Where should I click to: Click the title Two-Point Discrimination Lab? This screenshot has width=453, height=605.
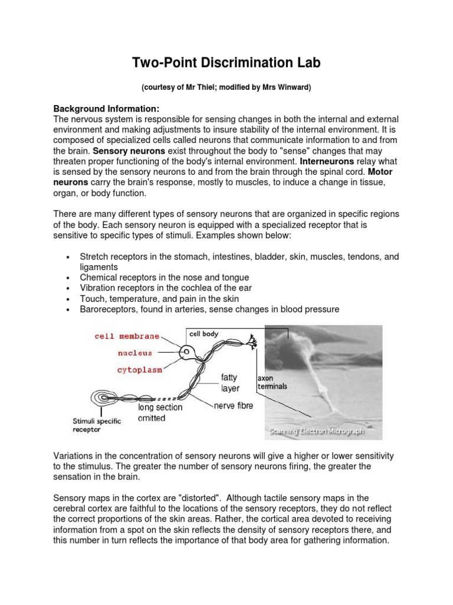click(x=226, y=64)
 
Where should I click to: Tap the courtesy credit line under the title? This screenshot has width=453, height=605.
click(x=226, y=87)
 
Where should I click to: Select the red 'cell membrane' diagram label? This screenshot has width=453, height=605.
click(x=127, y=336)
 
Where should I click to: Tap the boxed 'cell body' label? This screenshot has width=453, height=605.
click(x=203, y=334)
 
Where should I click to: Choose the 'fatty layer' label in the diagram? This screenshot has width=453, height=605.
click(x=231, y=382)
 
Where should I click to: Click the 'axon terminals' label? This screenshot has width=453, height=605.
click(x=272, y=382)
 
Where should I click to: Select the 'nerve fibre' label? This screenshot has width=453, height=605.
click(x=234, y=406)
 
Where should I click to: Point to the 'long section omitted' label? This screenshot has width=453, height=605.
click(x=160, y=412)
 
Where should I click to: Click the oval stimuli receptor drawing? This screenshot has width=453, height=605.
click(x=103, y=398)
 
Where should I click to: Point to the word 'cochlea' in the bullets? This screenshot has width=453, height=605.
click(x=190, y=288)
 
